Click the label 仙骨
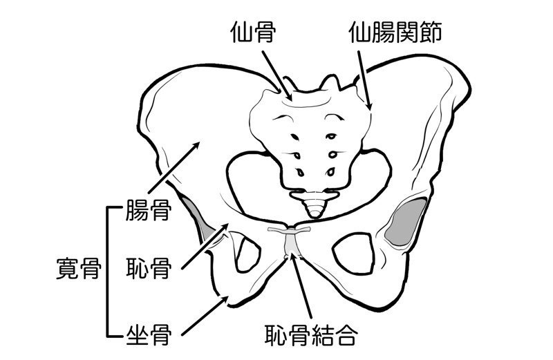[x=253, y=32]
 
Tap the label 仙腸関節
[x=395, y=32]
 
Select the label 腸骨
[x=149, y=210]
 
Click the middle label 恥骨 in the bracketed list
[x=149, y=268]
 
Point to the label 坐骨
[x=149, y=334]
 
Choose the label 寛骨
[x=79, y=268]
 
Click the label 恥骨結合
[x=312, y=334]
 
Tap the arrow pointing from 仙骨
[x=276, y=75]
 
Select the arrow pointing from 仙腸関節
[x=364, y=80]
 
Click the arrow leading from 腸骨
[x=174, y=167]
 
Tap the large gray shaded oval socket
[x=406, y=222]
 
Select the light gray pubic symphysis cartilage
[x=291, y=243]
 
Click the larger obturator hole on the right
[x=353, y=252]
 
